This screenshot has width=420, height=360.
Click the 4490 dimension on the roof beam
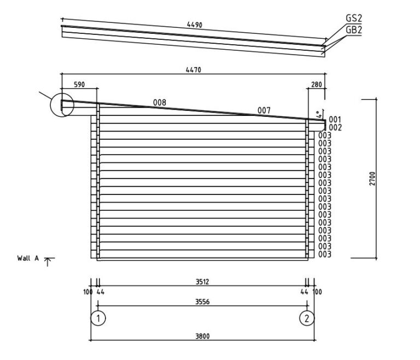click(x=195, y=25)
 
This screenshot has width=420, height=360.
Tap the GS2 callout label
click(x=354, y=18)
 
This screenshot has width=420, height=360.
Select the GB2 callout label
click(x=354, y=30)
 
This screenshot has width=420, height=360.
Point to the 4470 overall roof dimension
click(x=194, y=70)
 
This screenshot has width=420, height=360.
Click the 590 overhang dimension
click(x=79, y=85)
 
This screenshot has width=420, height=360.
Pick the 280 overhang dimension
click(x=316, y=85)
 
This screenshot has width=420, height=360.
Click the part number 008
click(x=159, y=103)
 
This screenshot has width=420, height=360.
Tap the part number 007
click(x=264, y=110)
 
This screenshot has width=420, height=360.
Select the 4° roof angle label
click(x=318, y=115)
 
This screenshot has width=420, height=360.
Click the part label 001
click(x=335, y=120)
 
